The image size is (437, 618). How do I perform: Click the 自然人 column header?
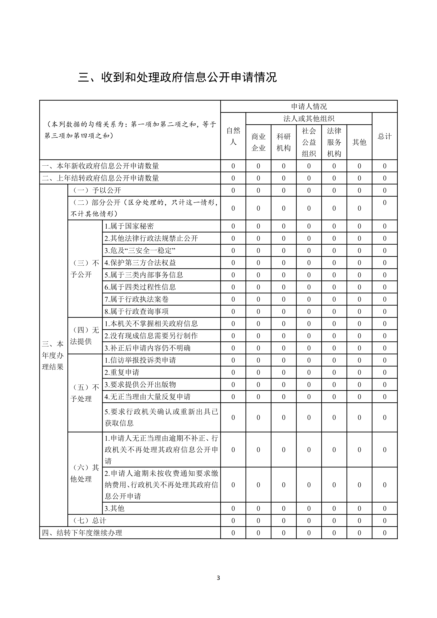click(x=233, y=136)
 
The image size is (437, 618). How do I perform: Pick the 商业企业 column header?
click(x=258, y=142)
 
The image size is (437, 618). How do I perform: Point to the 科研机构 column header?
click(x=284, y=142)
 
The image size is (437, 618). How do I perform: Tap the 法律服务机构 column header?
click(x=334, y=142)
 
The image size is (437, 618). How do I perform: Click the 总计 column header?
click(x=385, y=136)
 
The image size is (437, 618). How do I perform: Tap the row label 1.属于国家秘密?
click(x=129, y=226)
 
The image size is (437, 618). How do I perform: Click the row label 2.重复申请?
click(x=122, y=372)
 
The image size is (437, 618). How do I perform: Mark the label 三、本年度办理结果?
click(x=53, y=355)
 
